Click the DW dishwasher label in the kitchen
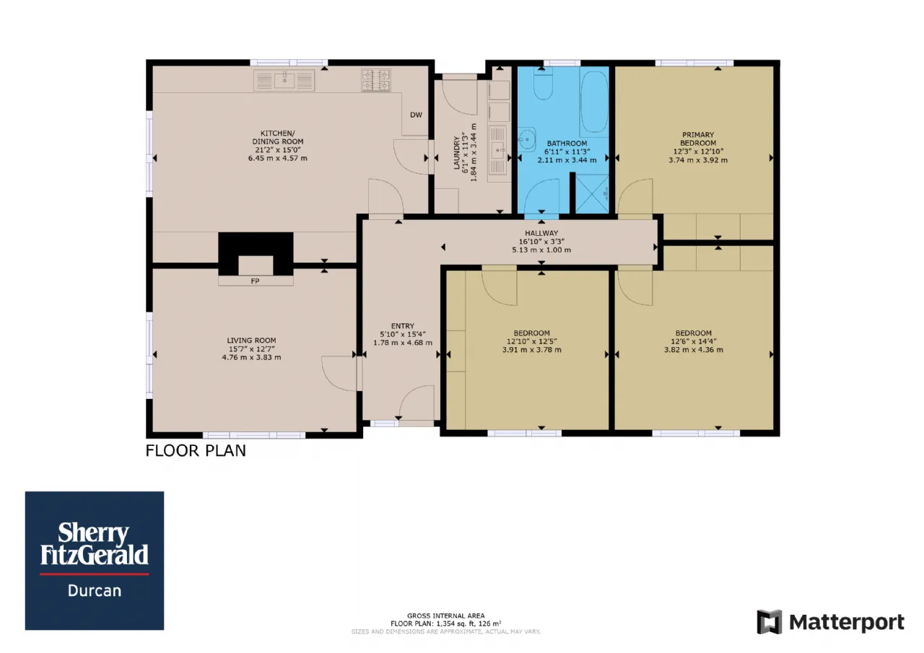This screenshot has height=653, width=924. click(416, 115)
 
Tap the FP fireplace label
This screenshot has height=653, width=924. click(255, 281)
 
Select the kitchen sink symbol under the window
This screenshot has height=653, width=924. click(284, 80)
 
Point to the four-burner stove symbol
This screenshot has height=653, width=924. click(376, 80)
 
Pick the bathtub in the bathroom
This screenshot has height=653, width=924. click(594, 102)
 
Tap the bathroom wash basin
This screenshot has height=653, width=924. click(527, 140)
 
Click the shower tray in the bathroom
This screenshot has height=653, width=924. click(592, 194)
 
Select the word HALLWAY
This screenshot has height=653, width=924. click(541, 233)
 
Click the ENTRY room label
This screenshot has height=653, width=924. click(403, 325)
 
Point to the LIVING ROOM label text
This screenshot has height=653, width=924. click(251, 341)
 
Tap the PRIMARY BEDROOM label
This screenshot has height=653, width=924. click(698, 139)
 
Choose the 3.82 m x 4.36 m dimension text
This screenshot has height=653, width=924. click(694, 350)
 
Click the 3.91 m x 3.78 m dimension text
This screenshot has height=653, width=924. click(532, 350)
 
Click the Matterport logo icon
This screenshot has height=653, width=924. click(770, 622)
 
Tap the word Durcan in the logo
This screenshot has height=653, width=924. click(95, 591)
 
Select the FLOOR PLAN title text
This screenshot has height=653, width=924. click(196, 450)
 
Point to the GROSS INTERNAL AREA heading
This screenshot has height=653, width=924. click(446, 616)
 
